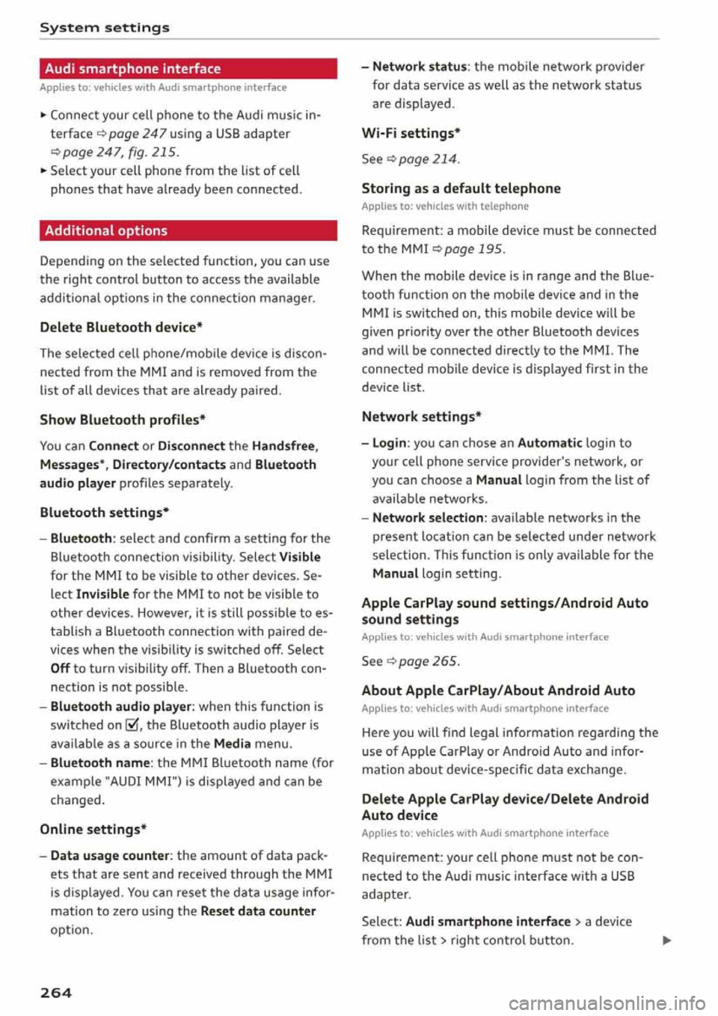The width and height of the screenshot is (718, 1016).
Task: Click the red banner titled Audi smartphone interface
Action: coord(188,69)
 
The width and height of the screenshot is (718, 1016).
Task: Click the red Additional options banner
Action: coord(188,230)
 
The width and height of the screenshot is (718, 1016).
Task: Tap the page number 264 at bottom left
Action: coord(56,993)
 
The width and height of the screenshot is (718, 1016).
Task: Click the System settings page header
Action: coord(105,28)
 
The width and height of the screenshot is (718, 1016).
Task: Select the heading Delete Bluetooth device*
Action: coord(121,327)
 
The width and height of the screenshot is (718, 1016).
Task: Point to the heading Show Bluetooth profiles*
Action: coord(123,420)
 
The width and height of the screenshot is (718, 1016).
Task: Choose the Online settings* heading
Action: coord(93,829)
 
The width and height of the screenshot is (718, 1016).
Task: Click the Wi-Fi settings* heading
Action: coord(411,133)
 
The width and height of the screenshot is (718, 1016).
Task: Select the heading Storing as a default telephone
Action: coord(461,189)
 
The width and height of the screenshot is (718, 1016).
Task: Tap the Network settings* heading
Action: coord(421,417)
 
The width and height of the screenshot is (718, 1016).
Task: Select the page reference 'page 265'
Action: coord(429,661)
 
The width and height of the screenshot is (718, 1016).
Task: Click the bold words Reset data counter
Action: coord(258,911)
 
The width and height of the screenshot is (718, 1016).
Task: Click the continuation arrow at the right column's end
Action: coord(666,940)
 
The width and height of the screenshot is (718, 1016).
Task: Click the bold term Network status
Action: coord(420,67)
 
